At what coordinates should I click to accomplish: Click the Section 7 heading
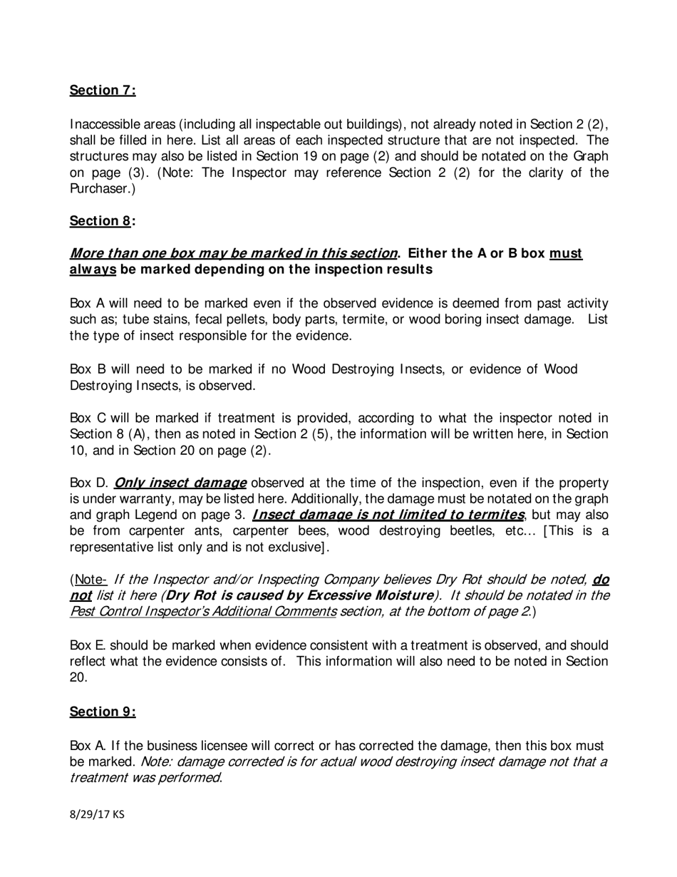tap(102, 90)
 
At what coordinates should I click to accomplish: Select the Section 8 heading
tap(102, 220)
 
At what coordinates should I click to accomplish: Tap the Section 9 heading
tap(102, 712)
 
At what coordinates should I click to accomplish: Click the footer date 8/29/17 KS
tap(97, 814)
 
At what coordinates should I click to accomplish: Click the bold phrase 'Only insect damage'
tap(180, 482)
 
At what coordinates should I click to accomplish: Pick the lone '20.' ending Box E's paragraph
tap(78, 677)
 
